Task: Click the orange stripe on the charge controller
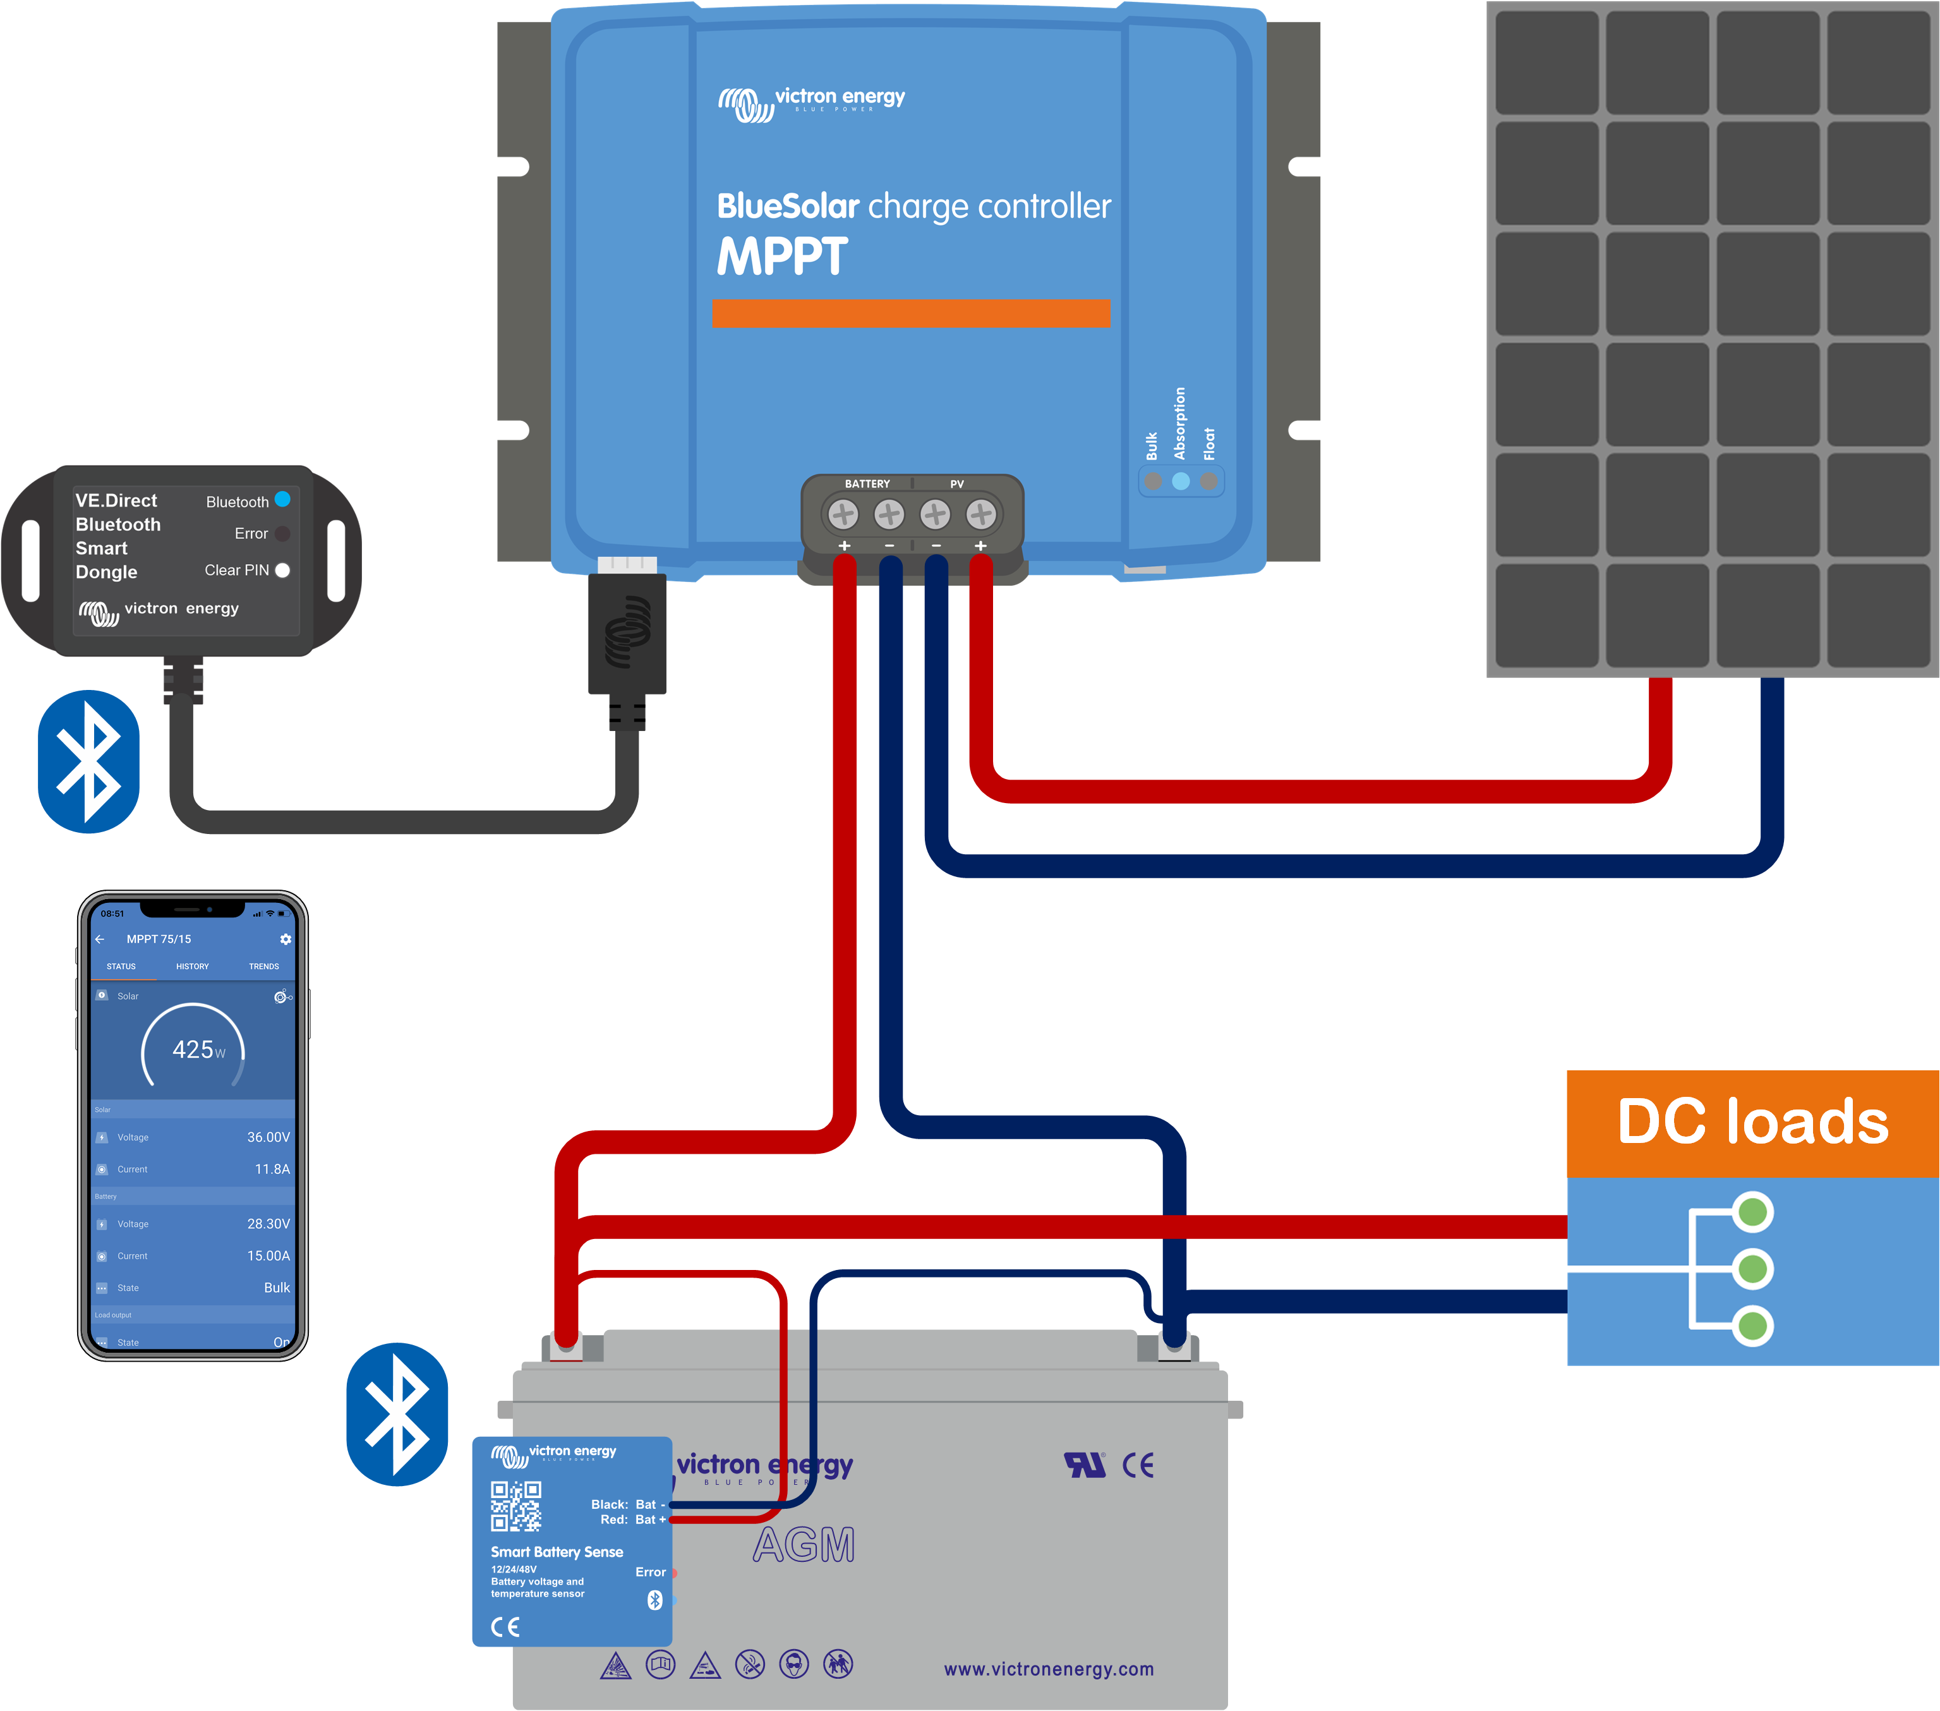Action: pyautogui.click(x=910, y=313)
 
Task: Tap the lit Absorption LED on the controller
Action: pyautogui.click(x=1181, y=481)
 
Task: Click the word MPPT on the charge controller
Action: pyautogui.click(x=782, y=257)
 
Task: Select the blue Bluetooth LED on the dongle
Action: pyautogui.click(x=282, y=499)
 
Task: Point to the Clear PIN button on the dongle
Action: pyautogui.click(x=282, y=570)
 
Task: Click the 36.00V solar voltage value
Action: pyautogui.click(x=268, y=1137)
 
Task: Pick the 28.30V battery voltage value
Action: pyautogui.click(x=268, y=1224)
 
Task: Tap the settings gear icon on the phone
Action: pyautogui.click(x=286, y=939)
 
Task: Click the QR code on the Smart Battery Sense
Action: pyautogui.click(x=515, y=1506)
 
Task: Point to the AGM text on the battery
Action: pyautogui.click(x=804, y=1545)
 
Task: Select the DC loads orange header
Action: pyautogui.click(x=1752, y=1122)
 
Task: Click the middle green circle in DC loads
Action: pyautogui.click(x=1752, y=1269)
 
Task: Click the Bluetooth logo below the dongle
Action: pyautogui.click(x=88, y=761)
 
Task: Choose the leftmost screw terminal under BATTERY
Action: pyautogui.click(x=843, y=515)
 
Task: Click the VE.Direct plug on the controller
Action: pyautogui.click(x=627, y=631)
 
